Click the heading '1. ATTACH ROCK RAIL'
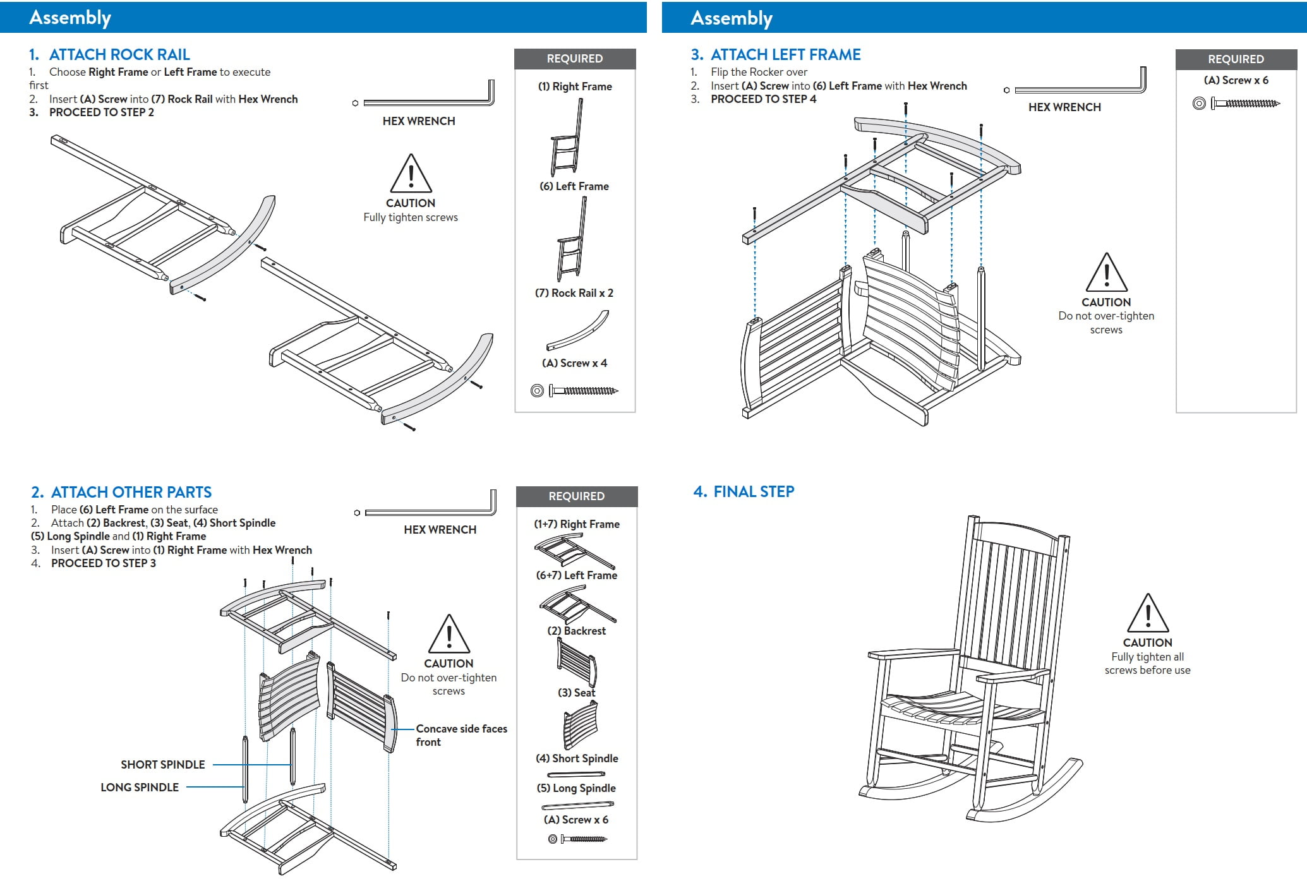click(109, 55)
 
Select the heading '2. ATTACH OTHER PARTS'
click(121, 492)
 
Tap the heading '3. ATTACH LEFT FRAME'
click(776, 55)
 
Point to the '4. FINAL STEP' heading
click(744, 491)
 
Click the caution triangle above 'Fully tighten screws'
click(411, 174)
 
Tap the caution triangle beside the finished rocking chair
click(1147, 613)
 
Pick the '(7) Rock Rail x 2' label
click(574, 293)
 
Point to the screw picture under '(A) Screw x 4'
click(574, 391)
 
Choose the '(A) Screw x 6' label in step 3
click(1236, 80)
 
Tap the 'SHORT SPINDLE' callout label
click(163, 765)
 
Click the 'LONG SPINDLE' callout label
click(140, 788)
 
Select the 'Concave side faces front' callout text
click(461, 735)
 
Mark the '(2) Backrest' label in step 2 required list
click(576, 631)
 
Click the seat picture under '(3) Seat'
click(580, 725)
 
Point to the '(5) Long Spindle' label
click(576, 788)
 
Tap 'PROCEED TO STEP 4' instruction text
click(763, 99)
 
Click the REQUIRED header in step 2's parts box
click(576, 496)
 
